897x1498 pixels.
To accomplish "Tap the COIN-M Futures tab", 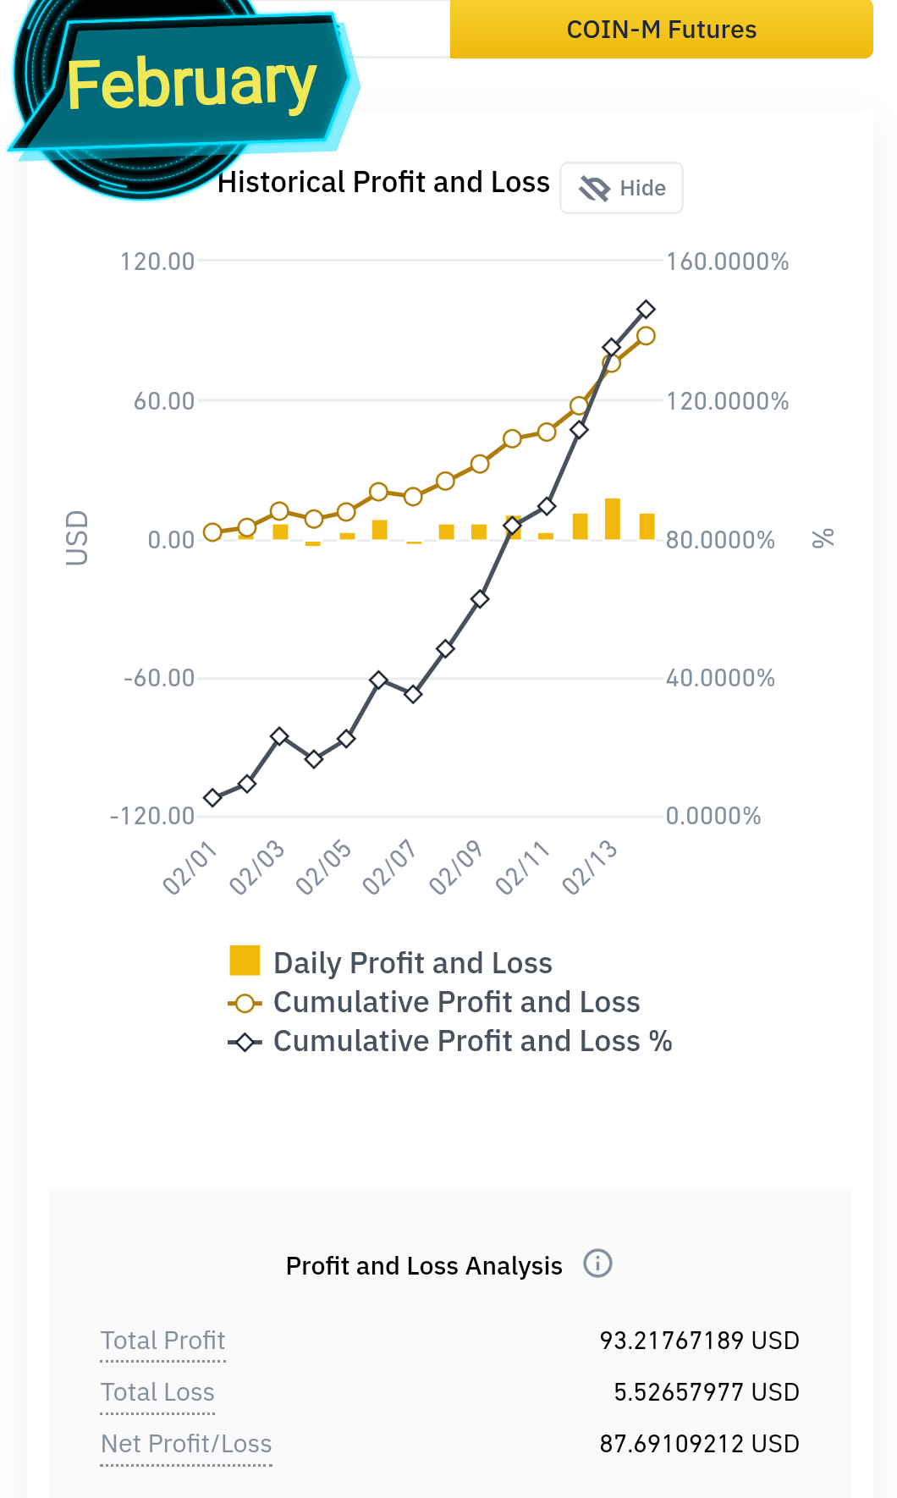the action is tap(661, 29).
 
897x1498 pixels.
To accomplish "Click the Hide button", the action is tap(622, 188).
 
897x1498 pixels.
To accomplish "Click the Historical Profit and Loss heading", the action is tap(383, 182).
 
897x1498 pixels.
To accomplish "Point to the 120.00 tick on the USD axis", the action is tap(157, 262).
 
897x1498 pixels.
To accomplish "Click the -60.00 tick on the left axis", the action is tap(159, 678).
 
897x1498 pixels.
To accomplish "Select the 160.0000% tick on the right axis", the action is tap(728, 262).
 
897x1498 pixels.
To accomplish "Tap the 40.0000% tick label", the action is tap(720, 678).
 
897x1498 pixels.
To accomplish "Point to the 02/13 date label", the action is tap(589, 867).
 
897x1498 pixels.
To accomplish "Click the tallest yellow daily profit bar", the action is tap(613, 519).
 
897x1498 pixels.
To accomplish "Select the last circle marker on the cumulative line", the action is tap(646, 336).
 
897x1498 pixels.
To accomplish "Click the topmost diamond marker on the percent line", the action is tap(646, 309).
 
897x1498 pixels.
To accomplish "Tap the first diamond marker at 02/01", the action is tap(212, 797).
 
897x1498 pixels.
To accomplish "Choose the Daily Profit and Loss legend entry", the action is tap(391, 962).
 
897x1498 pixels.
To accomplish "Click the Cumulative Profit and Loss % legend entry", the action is tap(450, 1041).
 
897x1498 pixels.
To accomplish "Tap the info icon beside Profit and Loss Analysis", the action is tap(597, 1264).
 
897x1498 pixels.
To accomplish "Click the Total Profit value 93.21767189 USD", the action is tap(700, 1341).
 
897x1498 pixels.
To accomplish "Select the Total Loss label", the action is tap(157, 1392).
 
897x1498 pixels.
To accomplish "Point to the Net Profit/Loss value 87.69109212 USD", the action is tap(700, 1444).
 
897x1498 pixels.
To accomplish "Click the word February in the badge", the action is tap(192, 84).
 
